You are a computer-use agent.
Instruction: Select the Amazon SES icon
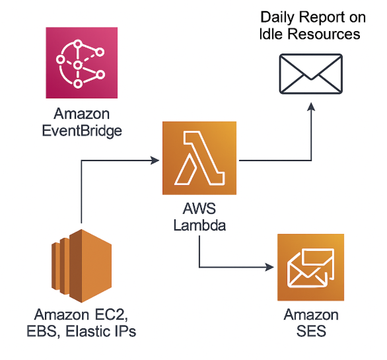[x=310, y=268]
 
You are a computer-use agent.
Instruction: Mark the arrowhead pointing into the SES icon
[x=272, y=268]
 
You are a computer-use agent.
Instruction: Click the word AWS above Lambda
[x=199, y=209]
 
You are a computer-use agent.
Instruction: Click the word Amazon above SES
[x=311, y=314]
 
